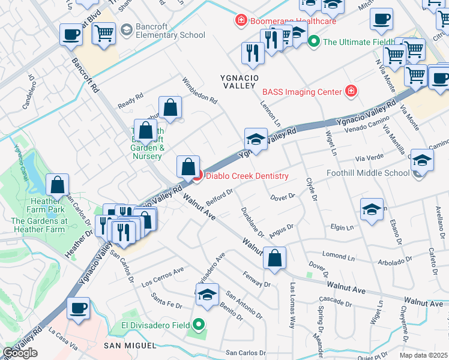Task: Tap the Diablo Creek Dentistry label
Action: click(x=247, y=176)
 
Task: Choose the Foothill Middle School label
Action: click(x=368, y=173)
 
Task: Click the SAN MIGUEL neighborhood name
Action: click(x=130, y=346)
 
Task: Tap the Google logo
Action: click(x=20, y=353)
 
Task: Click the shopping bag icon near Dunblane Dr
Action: click(x=274, y=259)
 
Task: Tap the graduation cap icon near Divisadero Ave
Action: click(x=207, y=295)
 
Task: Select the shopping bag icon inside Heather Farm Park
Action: click(x=58, y=186)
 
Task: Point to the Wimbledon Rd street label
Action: click(x=199, y=90)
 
